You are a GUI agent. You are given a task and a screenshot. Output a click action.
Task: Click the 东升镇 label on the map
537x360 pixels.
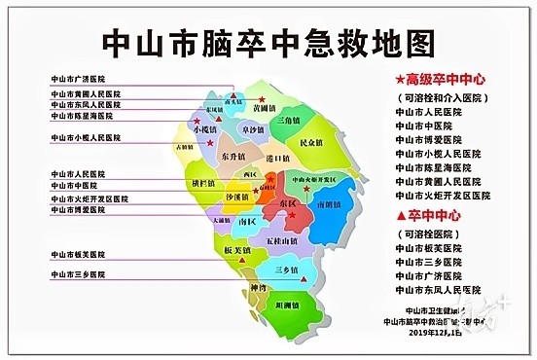tap(233, 156)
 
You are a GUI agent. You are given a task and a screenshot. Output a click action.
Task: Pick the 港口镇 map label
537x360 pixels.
tap(278, 158)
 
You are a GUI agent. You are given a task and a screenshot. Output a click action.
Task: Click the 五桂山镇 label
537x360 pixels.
tap(278, 238)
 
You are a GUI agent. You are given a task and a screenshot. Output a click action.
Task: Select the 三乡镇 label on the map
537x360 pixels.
tap(289, 268)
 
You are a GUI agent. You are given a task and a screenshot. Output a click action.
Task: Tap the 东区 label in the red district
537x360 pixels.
tap(288, 204)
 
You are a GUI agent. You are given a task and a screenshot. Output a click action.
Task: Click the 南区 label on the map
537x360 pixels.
tap(247, 222)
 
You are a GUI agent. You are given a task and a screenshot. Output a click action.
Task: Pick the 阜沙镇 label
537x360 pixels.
tap(253, 129)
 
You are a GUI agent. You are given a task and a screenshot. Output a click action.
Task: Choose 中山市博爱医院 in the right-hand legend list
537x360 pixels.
tap(428, 139)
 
